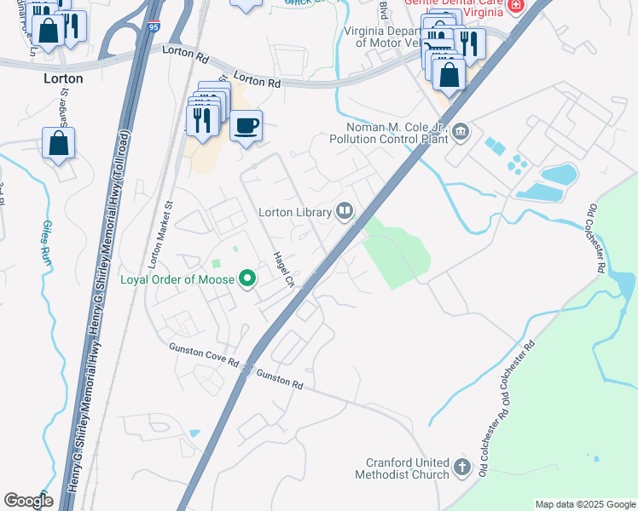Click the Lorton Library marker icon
click(x=345, y=210)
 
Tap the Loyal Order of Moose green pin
click(x=247, y=278)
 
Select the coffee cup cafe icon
click(x=246, y=126)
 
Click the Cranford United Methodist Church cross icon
click(x=462, y=467)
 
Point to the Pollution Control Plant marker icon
click(x=461, y=131)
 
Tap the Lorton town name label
click(x=63, y=78)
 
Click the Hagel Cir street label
click(x=283, y=269)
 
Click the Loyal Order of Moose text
click(x=177, y=279)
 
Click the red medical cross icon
click(x=515, y=6)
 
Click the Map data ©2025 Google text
click(x=585, y=504)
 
